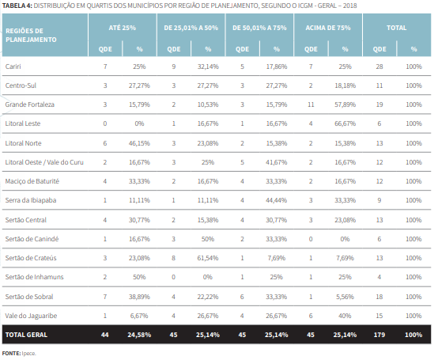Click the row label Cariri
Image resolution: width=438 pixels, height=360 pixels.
pyautogui.click(x=12, y=67)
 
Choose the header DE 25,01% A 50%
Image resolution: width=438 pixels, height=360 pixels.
pyautogui.click(x=191, y=27)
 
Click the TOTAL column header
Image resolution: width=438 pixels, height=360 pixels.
pyautogui.click(x=396, y=27)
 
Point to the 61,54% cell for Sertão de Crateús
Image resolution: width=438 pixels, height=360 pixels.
pyautogui.click(x=207, y=258)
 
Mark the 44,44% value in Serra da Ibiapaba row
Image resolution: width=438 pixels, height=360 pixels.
pyautogui.click(x=275, y=200)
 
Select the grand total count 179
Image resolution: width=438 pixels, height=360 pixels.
pyautogui.click(x=379, y=335)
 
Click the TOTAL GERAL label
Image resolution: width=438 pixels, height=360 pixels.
pyautogui.click(x=27, y=335)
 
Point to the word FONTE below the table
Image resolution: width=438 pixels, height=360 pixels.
pyautogui.click(x=11, y=353)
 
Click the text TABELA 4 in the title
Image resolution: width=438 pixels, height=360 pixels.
pyautogui.click(x=17, y=6)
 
